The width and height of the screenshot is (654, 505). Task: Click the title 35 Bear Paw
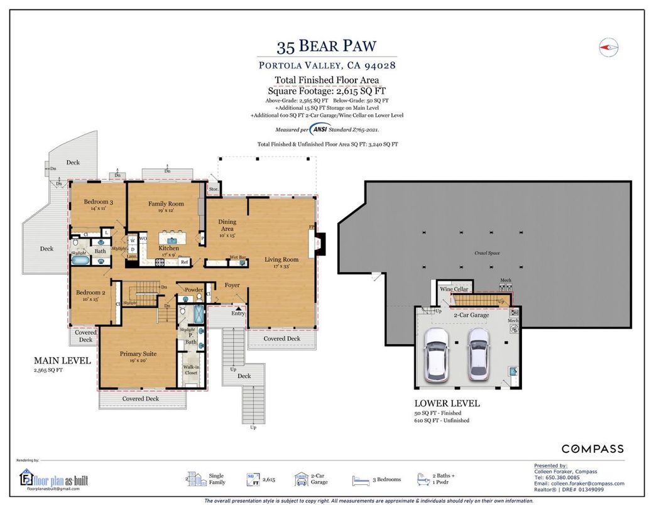[326, 47]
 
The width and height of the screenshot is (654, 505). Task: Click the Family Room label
[166, 204]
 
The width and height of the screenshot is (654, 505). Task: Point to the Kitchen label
[168, 248]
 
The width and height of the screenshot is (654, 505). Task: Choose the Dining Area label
[227, 225]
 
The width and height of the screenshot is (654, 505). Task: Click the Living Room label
[281, 259]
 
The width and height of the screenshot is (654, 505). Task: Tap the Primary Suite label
[138, 354]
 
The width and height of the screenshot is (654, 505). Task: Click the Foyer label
[232, 285]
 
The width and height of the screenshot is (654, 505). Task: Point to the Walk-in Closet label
[190, 370]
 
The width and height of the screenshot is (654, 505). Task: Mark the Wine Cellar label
[454, 289]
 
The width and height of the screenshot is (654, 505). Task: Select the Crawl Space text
[487, 253]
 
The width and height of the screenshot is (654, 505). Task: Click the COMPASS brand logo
[592, 448]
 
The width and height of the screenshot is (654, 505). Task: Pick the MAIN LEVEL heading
[62, 361]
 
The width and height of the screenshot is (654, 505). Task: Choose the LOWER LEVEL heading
[447, 403]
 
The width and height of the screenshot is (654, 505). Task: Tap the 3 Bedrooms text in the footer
[386, 479]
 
